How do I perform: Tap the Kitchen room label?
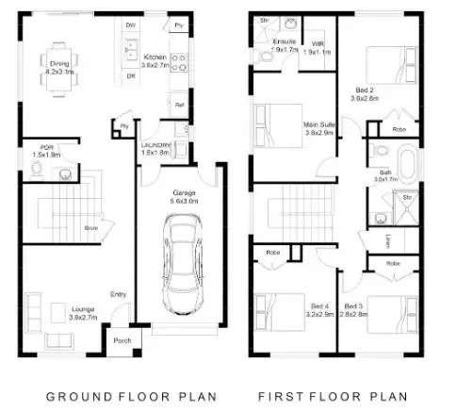coord(154,58)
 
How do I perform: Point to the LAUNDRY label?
coord(155,144)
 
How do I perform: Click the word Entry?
coord(119,293)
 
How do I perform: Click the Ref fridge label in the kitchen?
coord(179,106)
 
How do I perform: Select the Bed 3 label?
coord(352,307)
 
